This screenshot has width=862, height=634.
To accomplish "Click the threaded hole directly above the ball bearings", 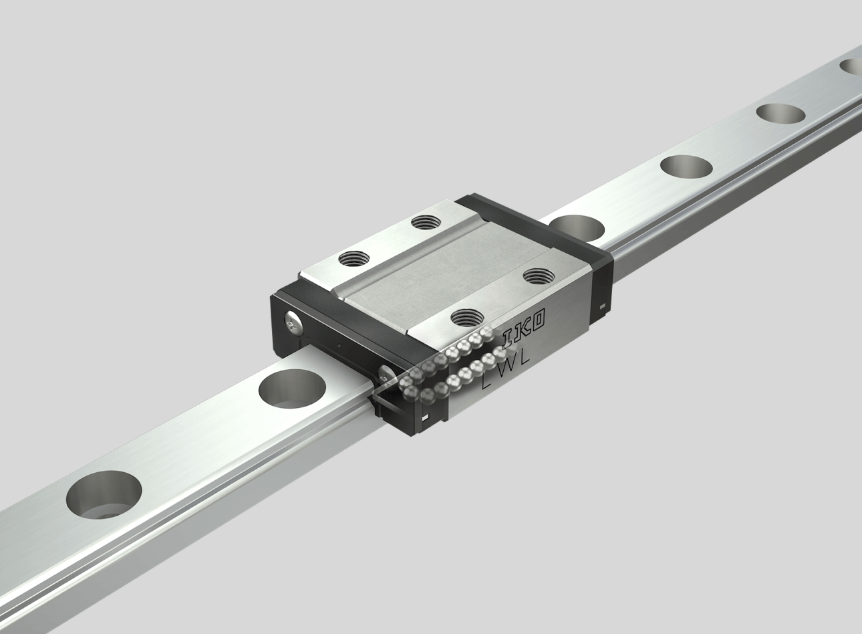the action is coord(467,318).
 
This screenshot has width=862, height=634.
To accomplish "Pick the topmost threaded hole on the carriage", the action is coord(426,222).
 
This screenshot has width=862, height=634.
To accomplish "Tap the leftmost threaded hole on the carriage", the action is coord(354,258).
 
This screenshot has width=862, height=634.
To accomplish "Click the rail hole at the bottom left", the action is coord(104,495).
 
